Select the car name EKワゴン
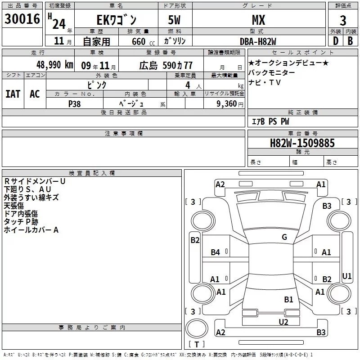click(117, 20)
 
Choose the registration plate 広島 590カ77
click(166, 65)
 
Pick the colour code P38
click(75, 103)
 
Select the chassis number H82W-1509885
click(302, 143)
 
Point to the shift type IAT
click(13, 94)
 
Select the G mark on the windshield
click(284, 237)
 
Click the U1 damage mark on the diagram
click(347, 276)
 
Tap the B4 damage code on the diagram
click(216, 252)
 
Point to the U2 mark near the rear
click(283, 322)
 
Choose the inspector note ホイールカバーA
click(31, 230)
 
